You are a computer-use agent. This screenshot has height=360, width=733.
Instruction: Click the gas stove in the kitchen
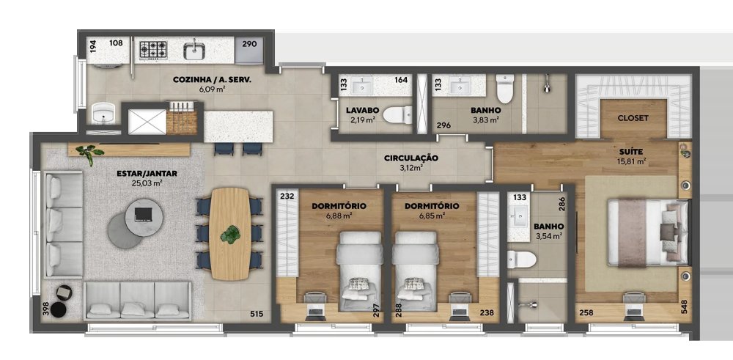[153, 50]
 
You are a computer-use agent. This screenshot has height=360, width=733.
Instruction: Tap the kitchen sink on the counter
[194, 50]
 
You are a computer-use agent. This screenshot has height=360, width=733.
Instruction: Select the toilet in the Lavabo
[397, 115]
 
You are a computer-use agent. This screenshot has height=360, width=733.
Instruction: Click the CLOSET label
[633, 118]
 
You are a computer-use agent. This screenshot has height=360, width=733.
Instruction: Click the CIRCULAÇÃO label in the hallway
[411, 158]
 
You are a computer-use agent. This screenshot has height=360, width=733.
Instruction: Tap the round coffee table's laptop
[144, 213]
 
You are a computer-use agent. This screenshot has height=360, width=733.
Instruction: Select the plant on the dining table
[230, 234]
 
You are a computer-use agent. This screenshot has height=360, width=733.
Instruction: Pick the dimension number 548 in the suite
[685, 306]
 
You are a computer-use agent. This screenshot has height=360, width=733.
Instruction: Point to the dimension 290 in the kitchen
[250, 45]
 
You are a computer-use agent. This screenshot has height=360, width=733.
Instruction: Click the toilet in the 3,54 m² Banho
[521, 260]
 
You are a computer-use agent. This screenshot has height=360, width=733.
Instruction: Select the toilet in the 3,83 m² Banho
[505, 89]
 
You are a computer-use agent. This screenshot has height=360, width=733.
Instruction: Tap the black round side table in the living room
[59, 309]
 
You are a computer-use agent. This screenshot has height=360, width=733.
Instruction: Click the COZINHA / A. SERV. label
[213, 80]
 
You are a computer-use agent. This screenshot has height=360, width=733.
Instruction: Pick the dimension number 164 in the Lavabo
[401, 80]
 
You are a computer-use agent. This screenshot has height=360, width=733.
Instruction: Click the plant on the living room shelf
[89, 154]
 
